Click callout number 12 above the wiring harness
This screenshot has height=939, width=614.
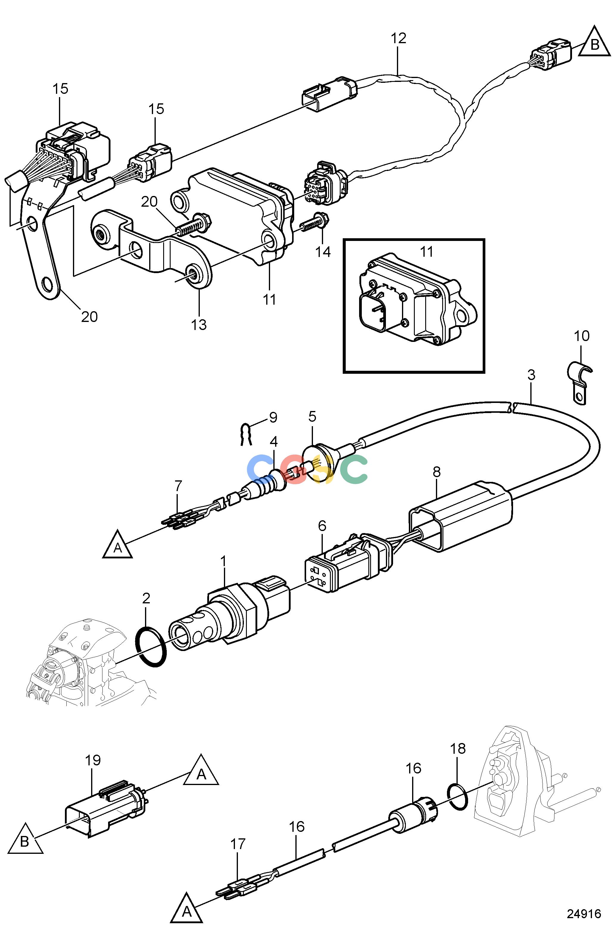coord(398,39)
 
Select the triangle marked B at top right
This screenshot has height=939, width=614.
coord(594,43)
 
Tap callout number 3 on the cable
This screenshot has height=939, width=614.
coord(531,375)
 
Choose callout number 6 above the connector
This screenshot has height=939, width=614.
coord(322,526)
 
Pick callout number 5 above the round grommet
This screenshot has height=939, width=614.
coord(312,417)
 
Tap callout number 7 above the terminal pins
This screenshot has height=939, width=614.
coord(178,486)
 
